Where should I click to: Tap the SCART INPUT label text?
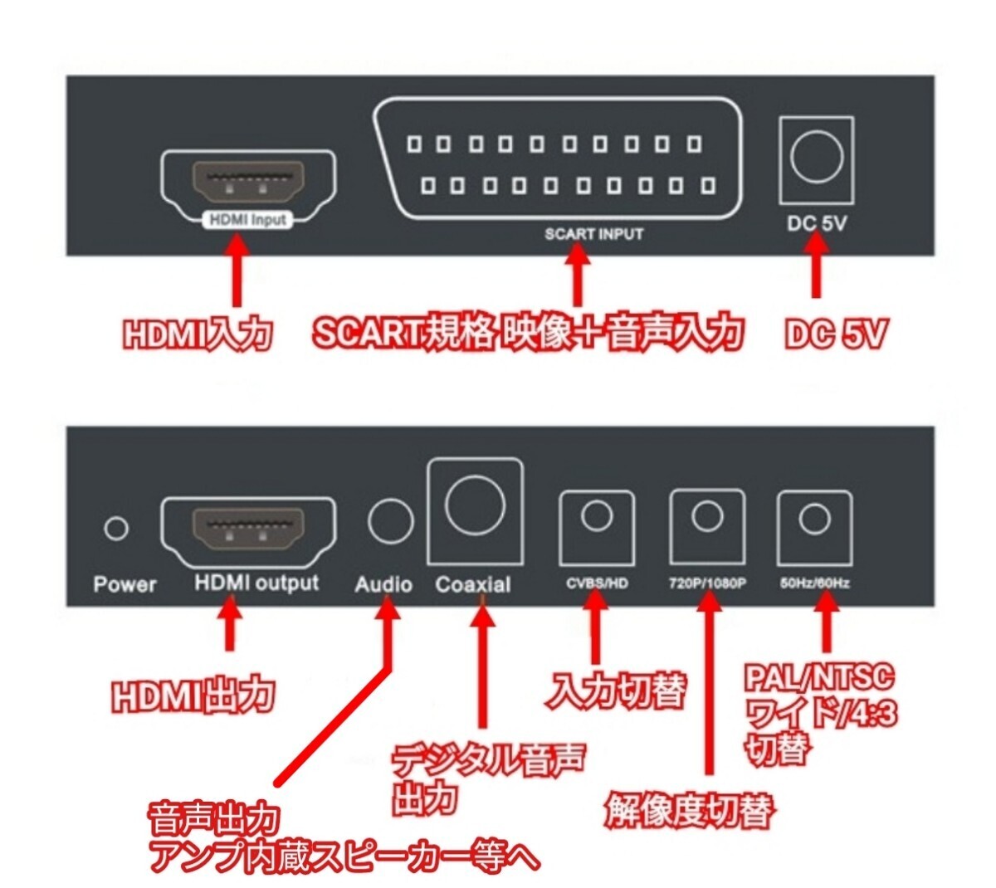click(x=593, y=234)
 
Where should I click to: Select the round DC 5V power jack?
click(x=817, y=157)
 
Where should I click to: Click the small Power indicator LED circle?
click(x=116, y=529)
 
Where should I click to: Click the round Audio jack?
click(x=390, y=520)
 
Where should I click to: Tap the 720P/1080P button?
click(x=707, y=527)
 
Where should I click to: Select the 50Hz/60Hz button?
click(x=814, y=528)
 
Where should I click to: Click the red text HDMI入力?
click(x=198, y=334)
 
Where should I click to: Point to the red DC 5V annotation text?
click(x=837, y=334)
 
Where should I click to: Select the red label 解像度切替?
click(x=688, y=810)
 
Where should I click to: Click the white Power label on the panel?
click(x=124, y=584)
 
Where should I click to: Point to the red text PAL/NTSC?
click(x=818, y=679)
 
